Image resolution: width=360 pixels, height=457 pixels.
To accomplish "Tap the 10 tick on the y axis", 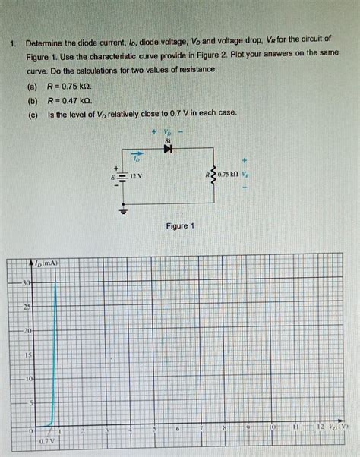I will (x=27, y=378).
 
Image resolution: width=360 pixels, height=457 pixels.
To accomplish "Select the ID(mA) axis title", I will (x=44, y=263).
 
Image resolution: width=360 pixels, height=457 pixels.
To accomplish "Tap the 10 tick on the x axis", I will (x=272, y=430).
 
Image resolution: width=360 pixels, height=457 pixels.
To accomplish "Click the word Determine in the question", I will (x=47, y=39).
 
